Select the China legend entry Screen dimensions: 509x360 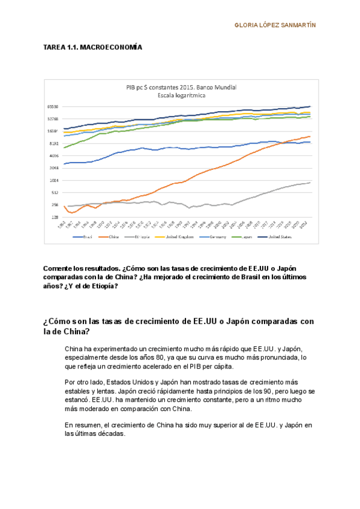(112, 237)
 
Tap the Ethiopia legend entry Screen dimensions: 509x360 (143, 237)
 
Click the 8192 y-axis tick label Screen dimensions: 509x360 (53, 143)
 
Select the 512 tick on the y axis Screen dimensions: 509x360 (54, 193)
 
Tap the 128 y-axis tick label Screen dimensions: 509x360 (54, 217)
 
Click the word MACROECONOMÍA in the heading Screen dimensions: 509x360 (111, 47)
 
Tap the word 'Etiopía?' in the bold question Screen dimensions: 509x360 (103, 286)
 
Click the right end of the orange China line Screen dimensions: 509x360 (310, 136)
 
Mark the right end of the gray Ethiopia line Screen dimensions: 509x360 (310, 182)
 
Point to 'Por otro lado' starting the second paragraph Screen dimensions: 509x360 (82, 382)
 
